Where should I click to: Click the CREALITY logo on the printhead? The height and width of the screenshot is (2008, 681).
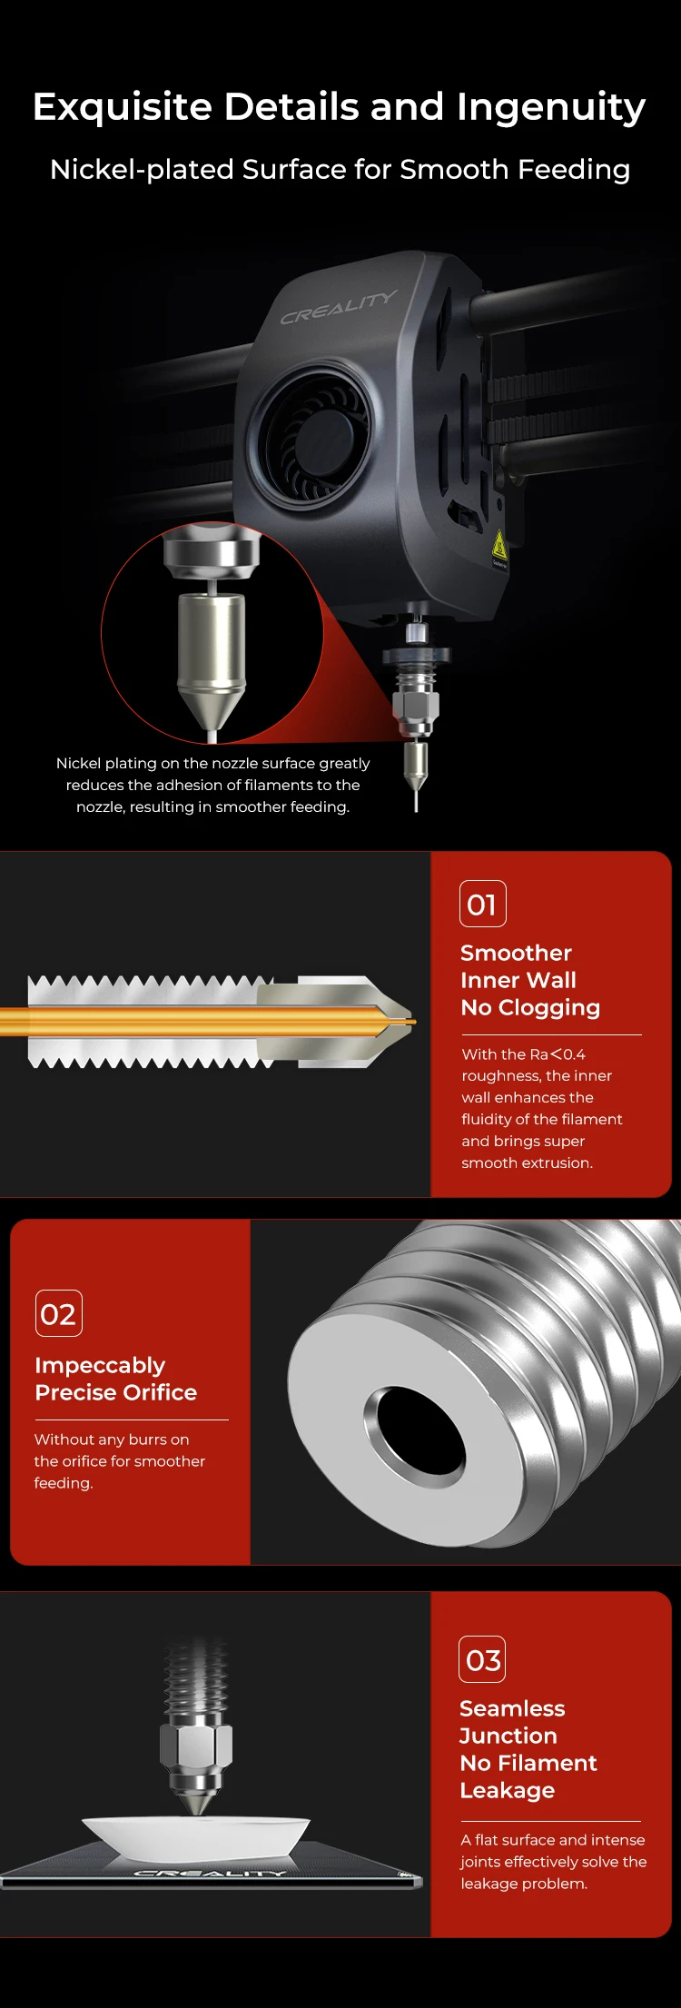338,307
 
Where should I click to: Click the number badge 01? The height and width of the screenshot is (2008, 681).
482,904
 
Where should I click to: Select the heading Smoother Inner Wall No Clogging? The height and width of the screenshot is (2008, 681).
529,980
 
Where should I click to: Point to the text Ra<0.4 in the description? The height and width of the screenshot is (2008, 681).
558,1054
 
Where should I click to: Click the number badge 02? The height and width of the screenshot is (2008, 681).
58,1313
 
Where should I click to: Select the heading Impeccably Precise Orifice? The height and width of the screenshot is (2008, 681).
115,1379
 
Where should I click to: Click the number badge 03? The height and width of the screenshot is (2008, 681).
482,1659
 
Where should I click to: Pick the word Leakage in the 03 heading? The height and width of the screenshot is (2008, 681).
507,1790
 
